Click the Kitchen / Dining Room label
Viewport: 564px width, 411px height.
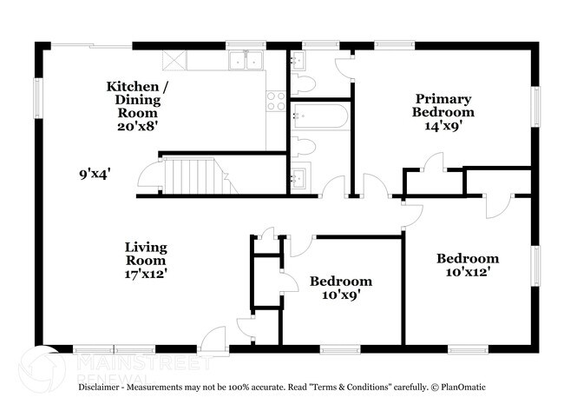[x=133, y=99]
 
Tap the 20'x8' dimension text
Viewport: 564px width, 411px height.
[x=133, y=126]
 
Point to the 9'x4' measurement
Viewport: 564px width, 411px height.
[x=95, y=173]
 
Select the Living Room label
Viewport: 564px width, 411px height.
[x=144, y=254]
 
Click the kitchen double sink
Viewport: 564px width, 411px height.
[x=246, y=60]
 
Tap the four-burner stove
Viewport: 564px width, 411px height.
[x=277, y=101]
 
